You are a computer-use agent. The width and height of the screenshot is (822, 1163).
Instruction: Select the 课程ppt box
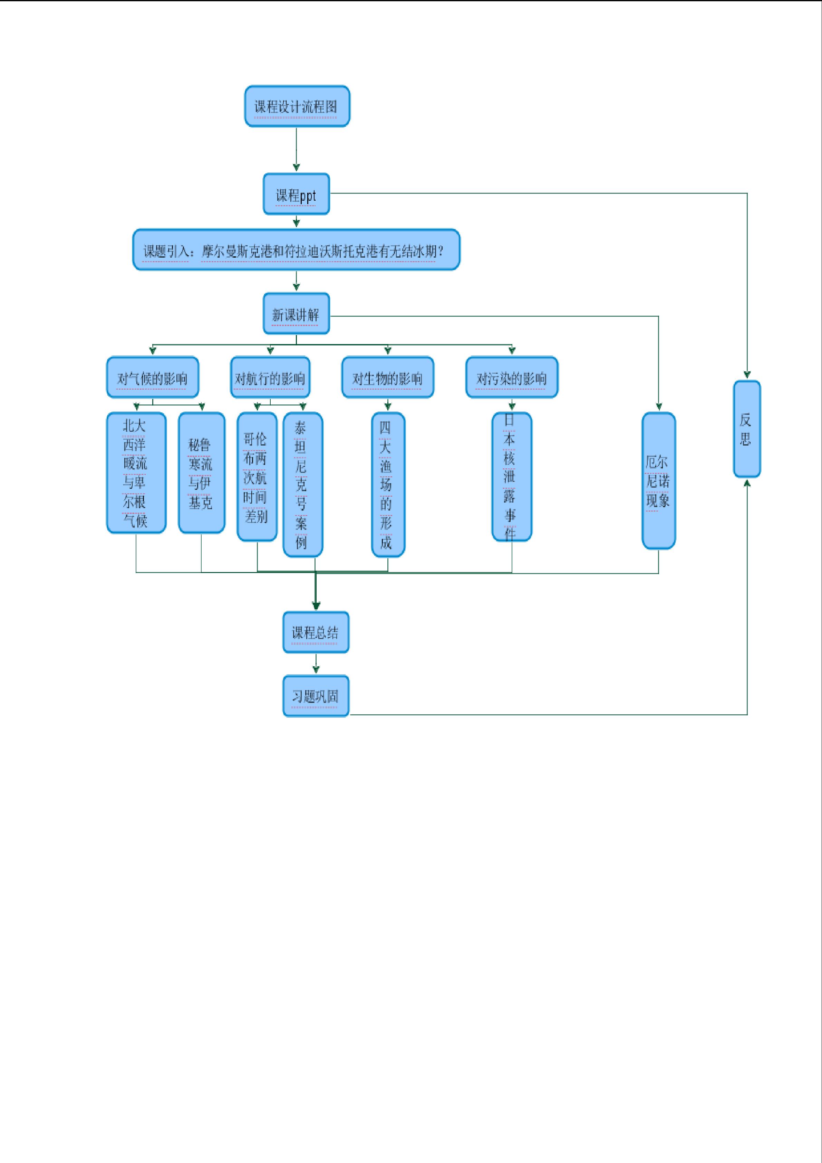(x=296, y=194)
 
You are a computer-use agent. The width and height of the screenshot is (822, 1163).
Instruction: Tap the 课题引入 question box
(x=296, y=250)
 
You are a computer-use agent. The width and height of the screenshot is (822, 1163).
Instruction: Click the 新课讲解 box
(x=296, y=314)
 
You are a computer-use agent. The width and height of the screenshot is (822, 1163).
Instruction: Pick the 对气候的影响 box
(x=152, y=378)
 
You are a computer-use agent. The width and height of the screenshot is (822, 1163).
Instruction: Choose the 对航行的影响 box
(x=270, y=378)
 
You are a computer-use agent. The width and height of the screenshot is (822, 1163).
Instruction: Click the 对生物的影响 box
(x=387, y=378)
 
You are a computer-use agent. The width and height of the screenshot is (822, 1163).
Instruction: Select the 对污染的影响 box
(x=511, y=378)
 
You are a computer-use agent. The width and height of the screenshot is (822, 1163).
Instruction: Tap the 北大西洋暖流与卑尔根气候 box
(x=136, y=473)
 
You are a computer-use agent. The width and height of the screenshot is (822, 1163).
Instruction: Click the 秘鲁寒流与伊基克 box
(x=202, y=473)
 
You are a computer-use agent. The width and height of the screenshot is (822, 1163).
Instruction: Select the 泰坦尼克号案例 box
(x=302, y=485)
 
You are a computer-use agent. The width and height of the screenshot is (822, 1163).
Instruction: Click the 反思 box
(x=747, y=429)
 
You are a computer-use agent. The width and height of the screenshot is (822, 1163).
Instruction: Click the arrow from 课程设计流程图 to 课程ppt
(x=296, y=150)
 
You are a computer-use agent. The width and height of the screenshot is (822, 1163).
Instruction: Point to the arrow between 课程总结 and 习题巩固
(x=316, y=664)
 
